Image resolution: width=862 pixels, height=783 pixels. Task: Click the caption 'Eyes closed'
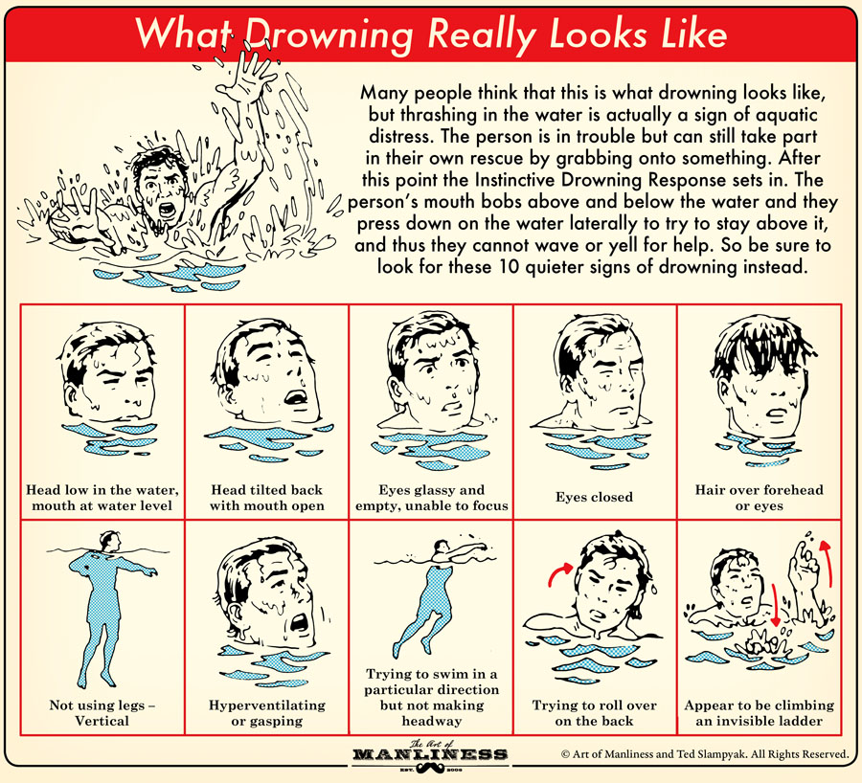(594, 497)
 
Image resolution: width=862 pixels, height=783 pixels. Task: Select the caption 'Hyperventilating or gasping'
(266, 712)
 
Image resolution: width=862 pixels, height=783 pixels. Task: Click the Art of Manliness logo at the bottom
(430, 752)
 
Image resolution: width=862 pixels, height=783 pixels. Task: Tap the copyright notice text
(704, 753)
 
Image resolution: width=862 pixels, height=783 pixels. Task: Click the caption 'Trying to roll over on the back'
(595, 712)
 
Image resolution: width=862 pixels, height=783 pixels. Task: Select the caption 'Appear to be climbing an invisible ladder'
(759, 712)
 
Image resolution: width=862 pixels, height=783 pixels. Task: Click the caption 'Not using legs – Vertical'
(102, 712)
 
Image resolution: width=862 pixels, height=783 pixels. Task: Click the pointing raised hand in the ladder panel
(797, 569)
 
